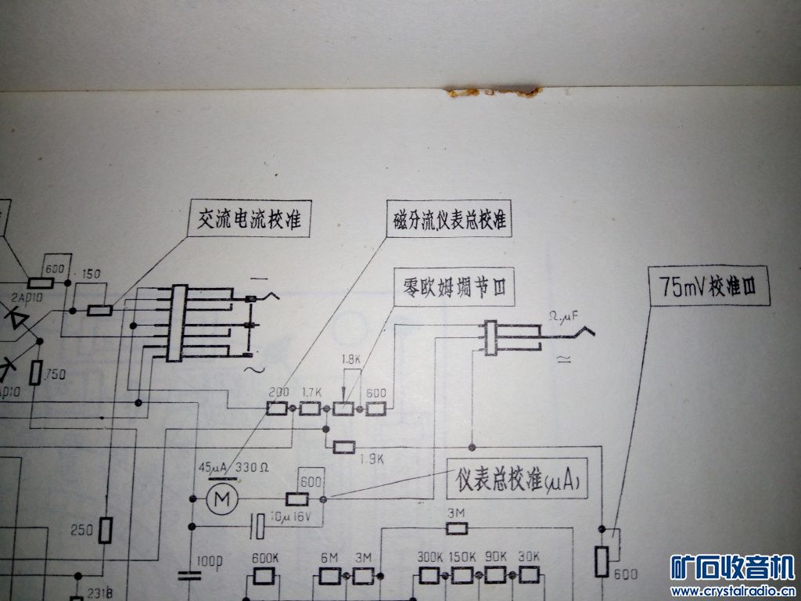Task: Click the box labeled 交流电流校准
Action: pyautogui.click(x=251, y=221)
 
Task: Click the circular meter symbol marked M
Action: pyautogui.click(x=222, y=498)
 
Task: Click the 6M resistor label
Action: pyautogui.click(x=329, y=558)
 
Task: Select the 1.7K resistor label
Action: pyautogui.click(x=311, y=391)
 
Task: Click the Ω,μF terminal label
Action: pyautogui.click(x=562, y=316)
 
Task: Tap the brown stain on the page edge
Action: pyautogui.click(x=493, y=93)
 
